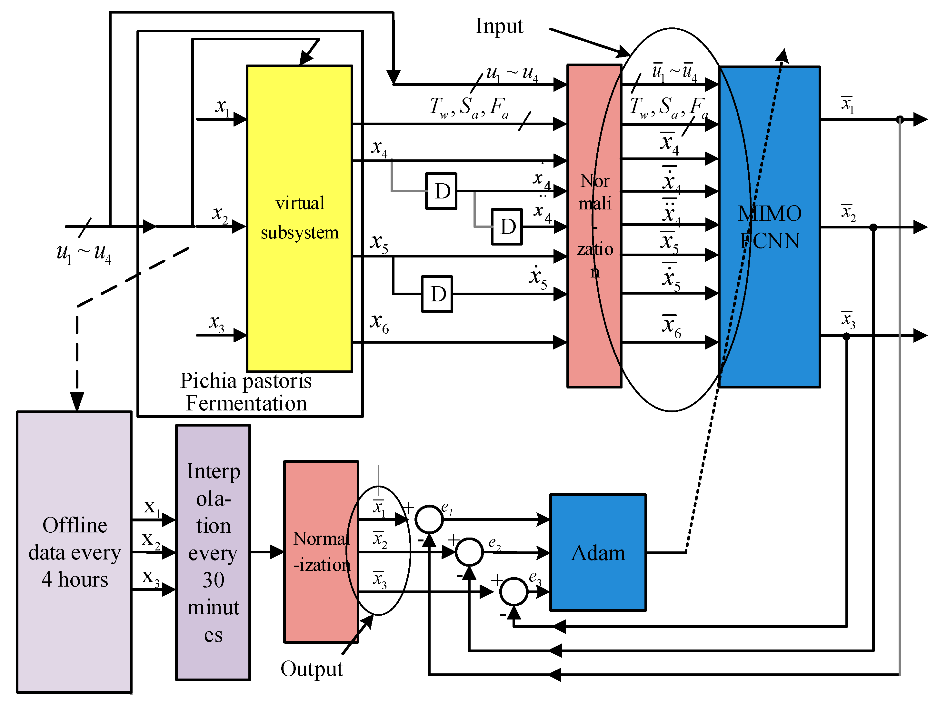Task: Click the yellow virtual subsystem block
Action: [299, 218]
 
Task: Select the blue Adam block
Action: [597, 552]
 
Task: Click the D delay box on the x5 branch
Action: [437, 294]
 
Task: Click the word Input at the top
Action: [499, 26]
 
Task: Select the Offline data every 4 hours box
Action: [74, 552]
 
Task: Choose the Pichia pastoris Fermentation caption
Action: [246, 392]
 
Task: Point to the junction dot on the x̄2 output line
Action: [873, 227]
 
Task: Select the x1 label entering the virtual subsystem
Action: [222, 107]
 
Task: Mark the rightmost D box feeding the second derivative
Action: [507, 227]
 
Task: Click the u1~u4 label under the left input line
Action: [84, 253]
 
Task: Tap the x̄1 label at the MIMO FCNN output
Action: [848, 104]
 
